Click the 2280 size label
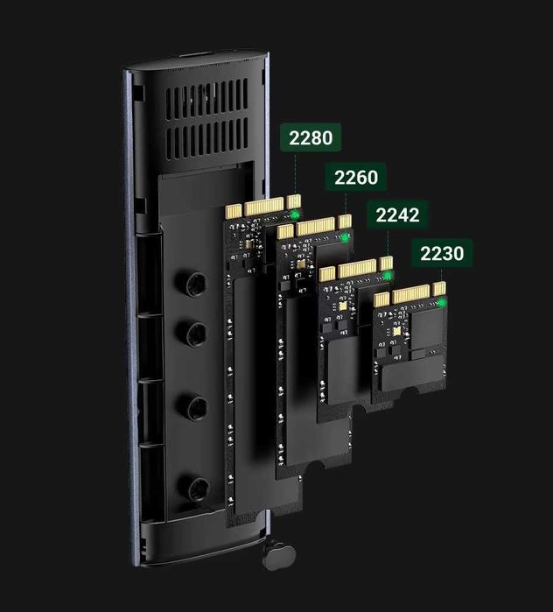click(x=308, y=138)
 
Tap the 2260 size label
click(x=355, y=178)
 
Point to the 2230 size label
click(x=442, y=254)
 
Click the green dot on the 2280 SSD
click(x=296, y=214)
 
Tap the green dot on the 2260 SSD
click(x=345, y=237)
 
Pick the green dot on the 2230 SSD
click(x=442, y=302)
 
